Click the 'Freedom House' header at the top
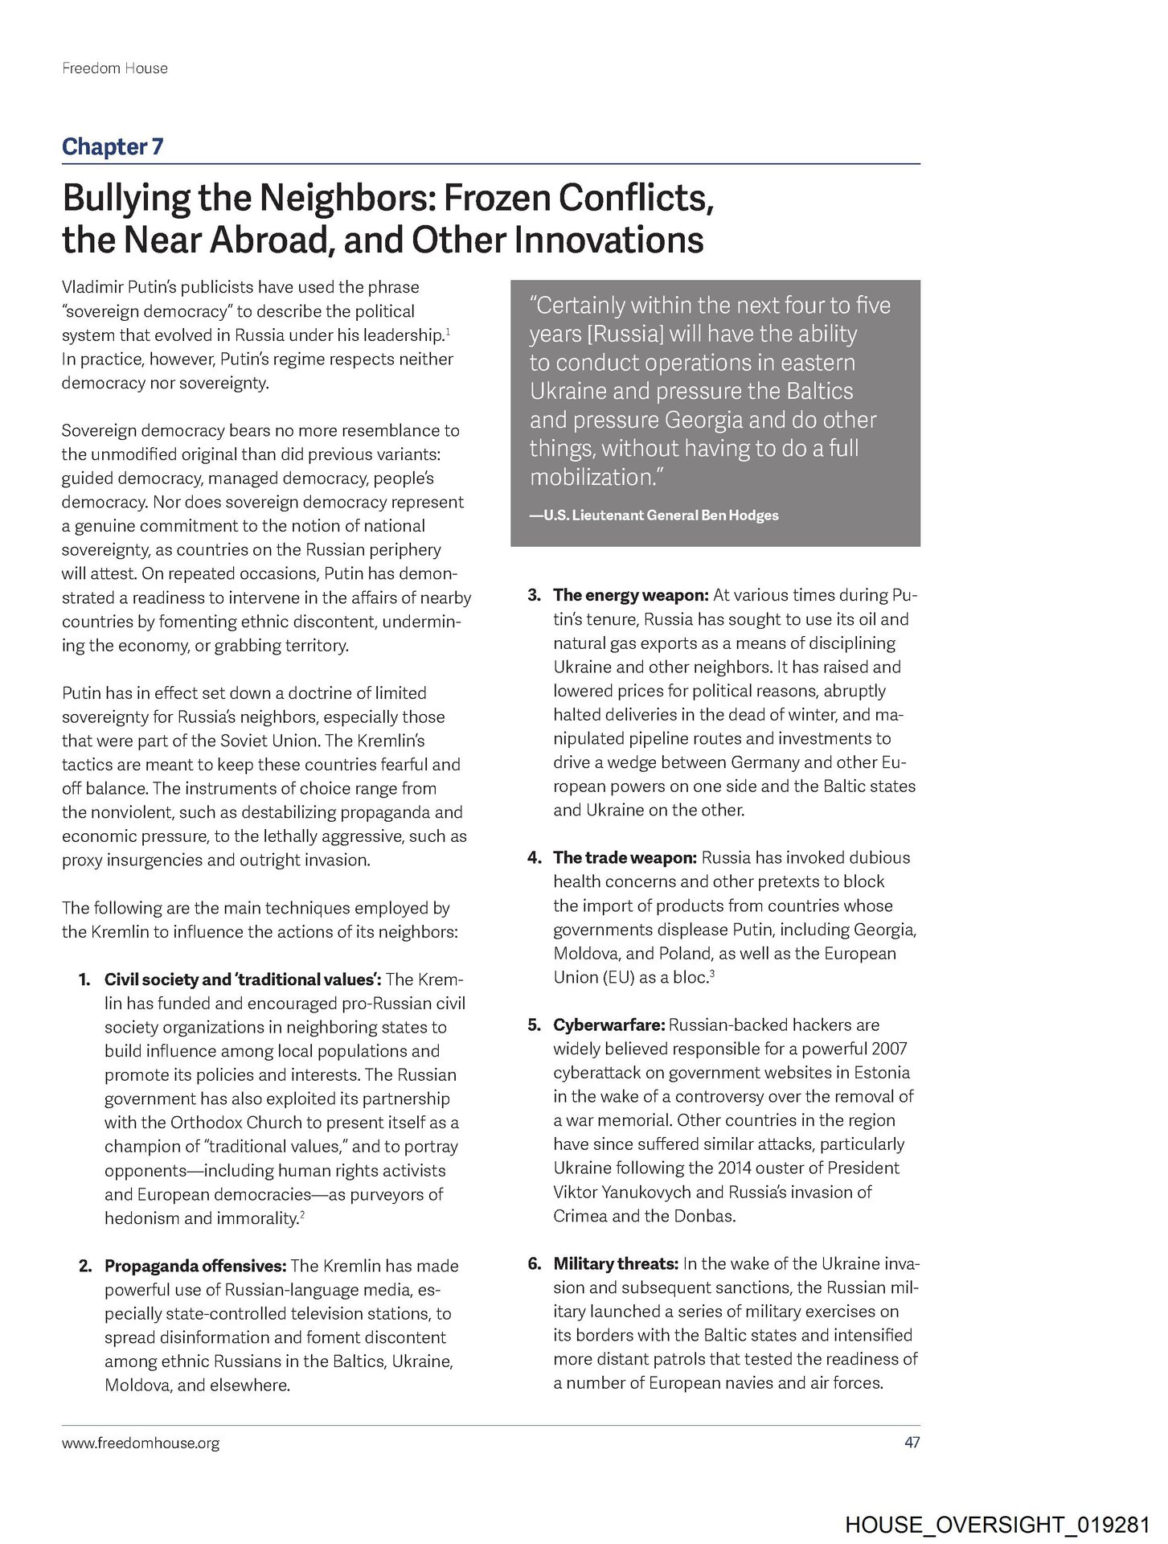pyautogui.click(x=115, y=68)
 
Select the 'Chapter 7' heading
pyautogui.click(x=113, y=146)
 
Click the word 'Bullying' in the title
pyautogui.click(x=126, y=198)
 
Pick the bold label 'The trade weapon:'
pyautogui.click(x=625, y=857)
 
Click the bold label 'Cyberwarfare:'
pyautogui.click(x=609, y=1025)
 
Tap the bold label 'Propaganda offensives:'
pyautogui.click(x=195, y=1266)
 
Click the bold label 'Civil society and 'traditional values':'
pyautogui.click(x=242, y=979)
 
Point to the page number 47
pyautogui.click(x=912, y=1443)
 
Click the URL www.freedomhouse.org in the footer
pyautogui.click(x=141, y=1443)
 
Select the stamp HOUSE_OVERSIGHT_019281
pyautogui.click(x=998, y=1526)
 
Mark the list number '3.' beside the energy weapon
pyautogui.click(x=535, y=595)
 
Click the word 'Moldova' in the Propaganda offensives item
pyautogui.click(x=137, y=1386)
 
